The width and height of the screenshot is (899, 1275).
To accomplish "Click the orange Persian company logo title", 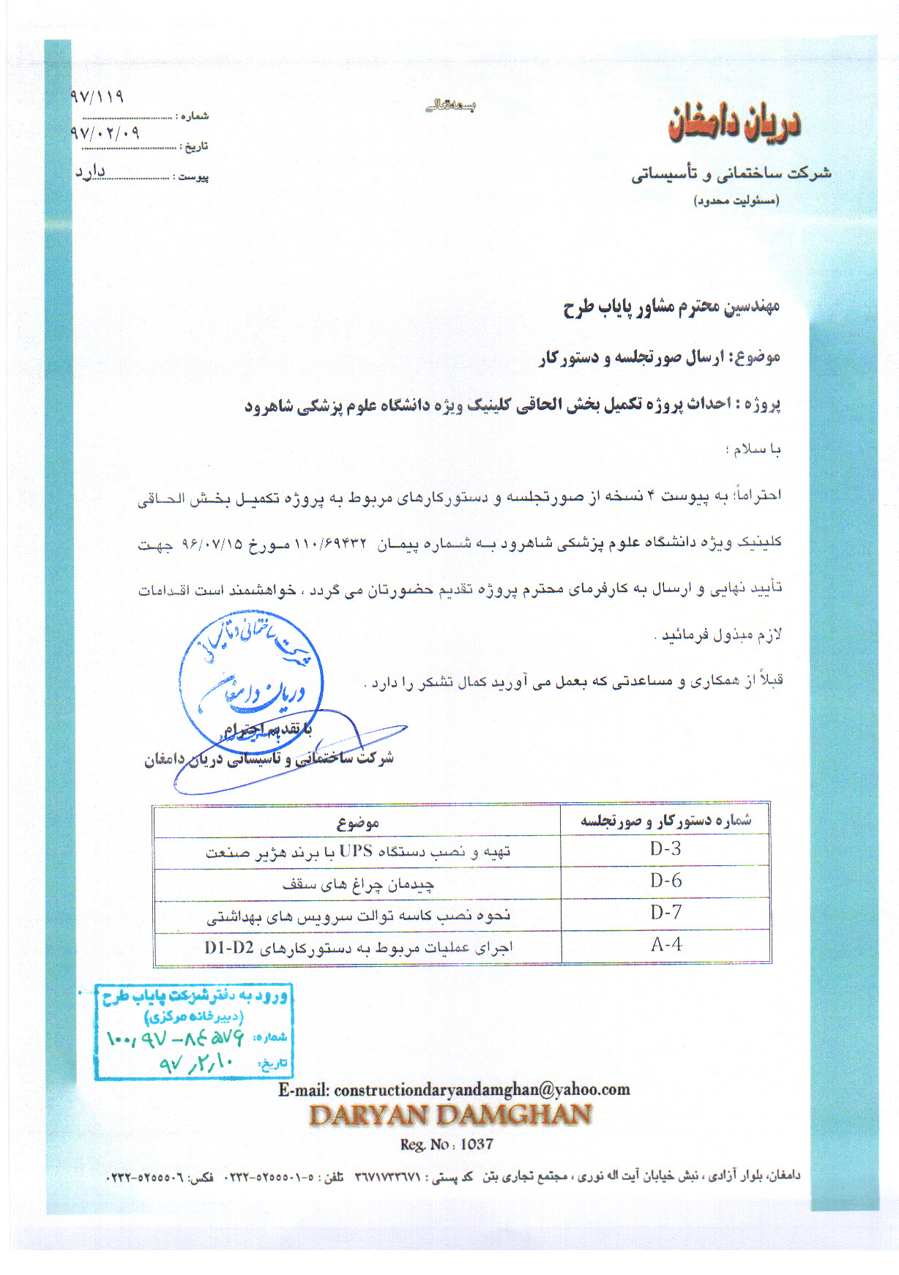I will (734, 124).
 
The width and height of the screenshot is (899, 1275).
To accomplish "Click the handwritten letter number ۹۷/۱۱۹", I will (97, 97).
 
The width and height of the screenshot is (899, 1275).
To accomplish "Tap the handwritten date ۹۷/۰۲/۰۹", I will (105, 133).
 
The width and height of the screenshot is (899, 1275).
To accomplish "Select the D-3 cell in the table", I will (665, 849).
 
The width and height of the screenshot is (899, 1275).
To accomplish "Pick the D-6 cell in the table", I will (665, 881).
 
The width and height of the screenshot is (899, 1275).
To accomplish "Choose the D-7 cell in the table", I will (665, 913).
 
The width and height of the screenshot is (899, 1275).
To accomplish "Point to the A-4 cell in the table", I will (665, 945).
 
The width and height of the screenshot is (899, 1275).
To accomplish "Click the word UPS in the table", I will (356, 851).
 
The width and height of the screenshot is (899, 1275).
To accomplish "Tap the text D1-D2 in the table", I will (228, 948).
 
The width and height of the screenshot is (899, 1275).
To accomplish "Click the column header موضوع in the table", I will (357, 823).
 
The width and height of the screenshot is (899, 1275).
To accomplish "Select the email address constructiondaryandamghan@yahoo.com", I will (482, 1089).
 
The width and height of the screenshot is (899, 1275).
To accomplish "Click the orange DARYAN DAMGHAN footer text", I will (450, 1115).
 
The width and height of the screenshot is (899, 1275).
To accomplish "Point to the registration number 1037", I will (477, 1144).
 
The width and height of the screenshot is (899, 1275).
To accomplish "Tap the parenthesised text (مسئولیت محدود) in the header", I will (736, 201).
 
